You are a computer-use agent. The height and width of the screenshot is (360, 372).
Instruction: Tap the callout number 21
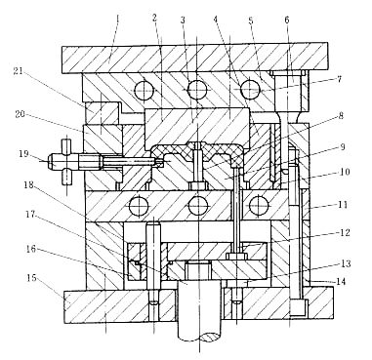point(19,71)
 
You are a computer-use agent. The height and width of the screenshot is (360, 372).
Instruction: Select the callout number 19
point(24,153)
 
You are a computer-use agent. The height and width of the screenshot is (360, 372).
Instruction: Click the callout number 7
point(339,79)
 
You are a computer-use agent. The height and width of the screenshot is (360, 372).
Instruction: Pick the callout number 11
point(343,205)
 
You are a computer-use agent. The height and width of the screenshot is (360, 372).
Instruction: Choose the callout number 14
point(341,282)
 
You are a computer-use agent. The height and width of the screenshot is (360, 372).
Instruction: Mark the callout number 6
point(286,20)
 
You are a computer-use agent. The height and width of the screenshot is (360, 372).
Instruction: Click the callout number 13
point(346,263)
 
